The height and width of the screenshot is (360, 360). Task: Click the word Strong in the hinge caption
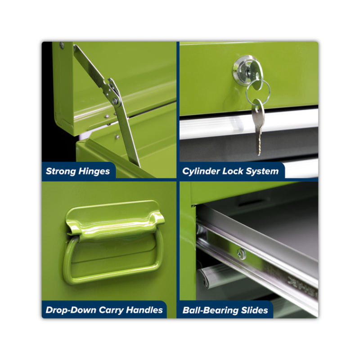[61, 171]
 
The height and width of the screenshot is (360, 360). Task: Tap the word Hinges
[94, 171]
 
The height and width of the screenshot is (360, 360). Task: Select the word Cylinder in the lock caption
[201, 171]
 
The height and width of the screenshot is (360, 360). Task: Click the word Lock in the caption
[233, 171]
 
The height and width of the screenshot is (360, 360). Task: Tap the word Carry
[111, 310]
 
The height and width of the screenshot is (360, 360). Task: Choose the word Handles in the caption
[144, 310]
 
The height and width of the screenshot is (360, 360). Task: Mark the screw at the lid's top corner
[62, 45]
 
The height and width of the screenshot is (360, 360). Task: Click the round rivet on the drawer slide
[241, 254]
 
